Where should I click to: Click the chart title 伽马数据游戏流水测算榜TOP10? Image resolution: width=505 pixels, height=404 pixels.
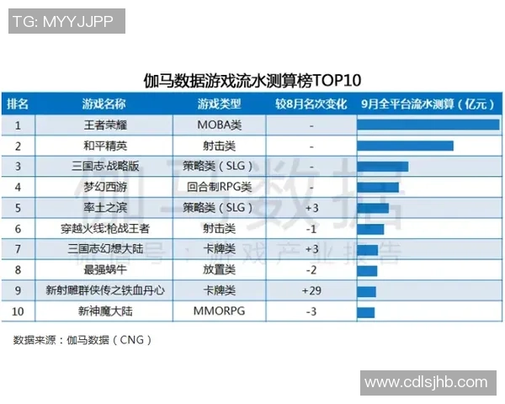pos(252,81)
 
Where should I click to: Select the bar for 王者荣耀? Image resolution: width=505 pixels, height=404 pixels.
pos(428,125)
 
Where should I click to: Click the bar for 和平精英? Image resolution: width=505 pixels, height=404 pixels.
pos(406,146)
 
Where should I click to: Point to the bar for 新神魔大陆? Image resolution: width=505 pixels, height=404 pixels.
pos(366,311)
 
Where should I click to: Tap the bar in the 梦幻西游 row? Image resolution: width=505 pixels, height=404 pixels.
pos(378,187)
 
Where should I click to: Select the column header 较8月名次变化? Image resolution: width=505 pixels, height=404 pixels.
pos(311,104)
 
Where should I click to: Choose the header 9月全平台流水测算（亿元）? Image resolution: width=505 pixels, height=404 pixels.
pos(428,104)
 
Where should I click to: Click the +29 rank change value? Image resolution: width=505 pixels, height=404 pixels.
pos(311,290)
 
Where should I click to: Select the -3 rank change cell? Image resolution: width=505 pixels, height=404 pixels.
pos(311,311)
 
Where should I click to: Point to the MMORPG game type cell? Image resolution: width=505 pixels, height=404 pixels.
pos(219,311)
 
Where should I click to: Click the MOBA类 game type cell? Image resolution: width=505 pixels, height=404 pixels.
pos(219,125)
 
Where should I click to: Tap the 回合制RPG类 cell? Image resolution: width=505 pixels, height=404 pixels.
pos(219,187)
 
